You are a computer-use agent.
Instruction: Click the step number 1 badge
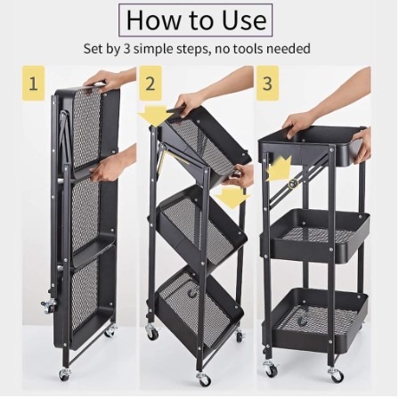pyautogui.click(x=33, y=86)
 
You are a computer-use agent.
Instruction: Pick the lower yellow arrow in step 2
pyautogui.click(x=232, y=196)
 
